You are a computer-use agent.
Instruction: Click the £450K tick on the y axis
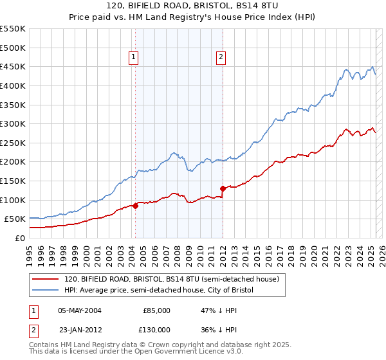tap(13, 66)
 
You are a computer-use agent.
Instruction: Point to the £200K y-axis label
tap(13, 162)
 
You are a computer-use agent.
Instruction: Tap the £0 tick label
tap(19, 238)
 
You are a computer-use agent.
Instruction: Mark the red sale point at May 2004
tap(135, 206)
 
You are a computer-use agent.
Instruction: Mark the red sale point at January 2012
tap(223, 188)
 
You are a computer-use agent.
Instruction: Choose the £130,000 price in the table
tap(156, 329)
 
